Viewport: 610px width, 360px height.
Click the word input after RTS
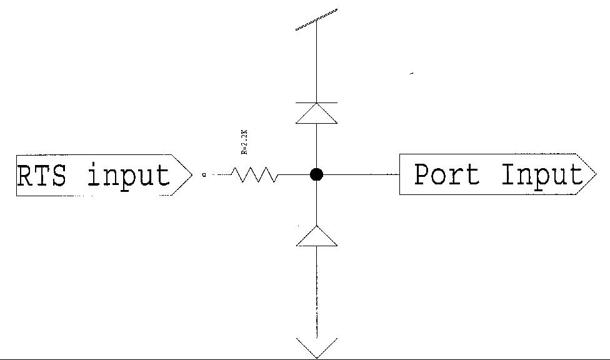point(129,176)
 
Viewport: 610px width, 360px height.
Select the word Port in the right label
point(447,174)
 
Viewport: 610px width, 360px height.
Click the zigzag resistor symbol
point(255,175)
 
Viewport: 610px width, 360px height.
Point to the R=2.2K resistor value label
point(245,141)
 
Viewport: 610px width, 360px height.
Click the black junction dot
point(317,174)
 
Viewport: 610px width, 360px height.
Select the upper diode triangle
point(317,114)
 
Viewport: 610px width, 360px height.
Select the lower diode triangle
point(317,236)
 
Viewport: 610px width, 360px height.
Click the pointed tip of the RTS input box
point(191,175)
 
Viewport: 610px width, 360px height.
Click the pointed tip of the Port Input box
point(595,175)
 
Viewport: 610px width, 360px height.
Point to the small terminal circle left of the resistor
point(204,175)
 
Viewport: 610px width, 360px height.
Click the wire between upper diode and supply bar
point(317,62)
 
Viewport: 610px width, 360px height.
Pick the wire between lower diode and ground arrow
point(317,291)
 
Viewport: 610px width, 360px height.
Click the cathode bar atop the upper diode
point(317,102)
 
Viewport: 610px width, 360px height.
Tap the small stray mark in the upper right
point(412,74)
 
